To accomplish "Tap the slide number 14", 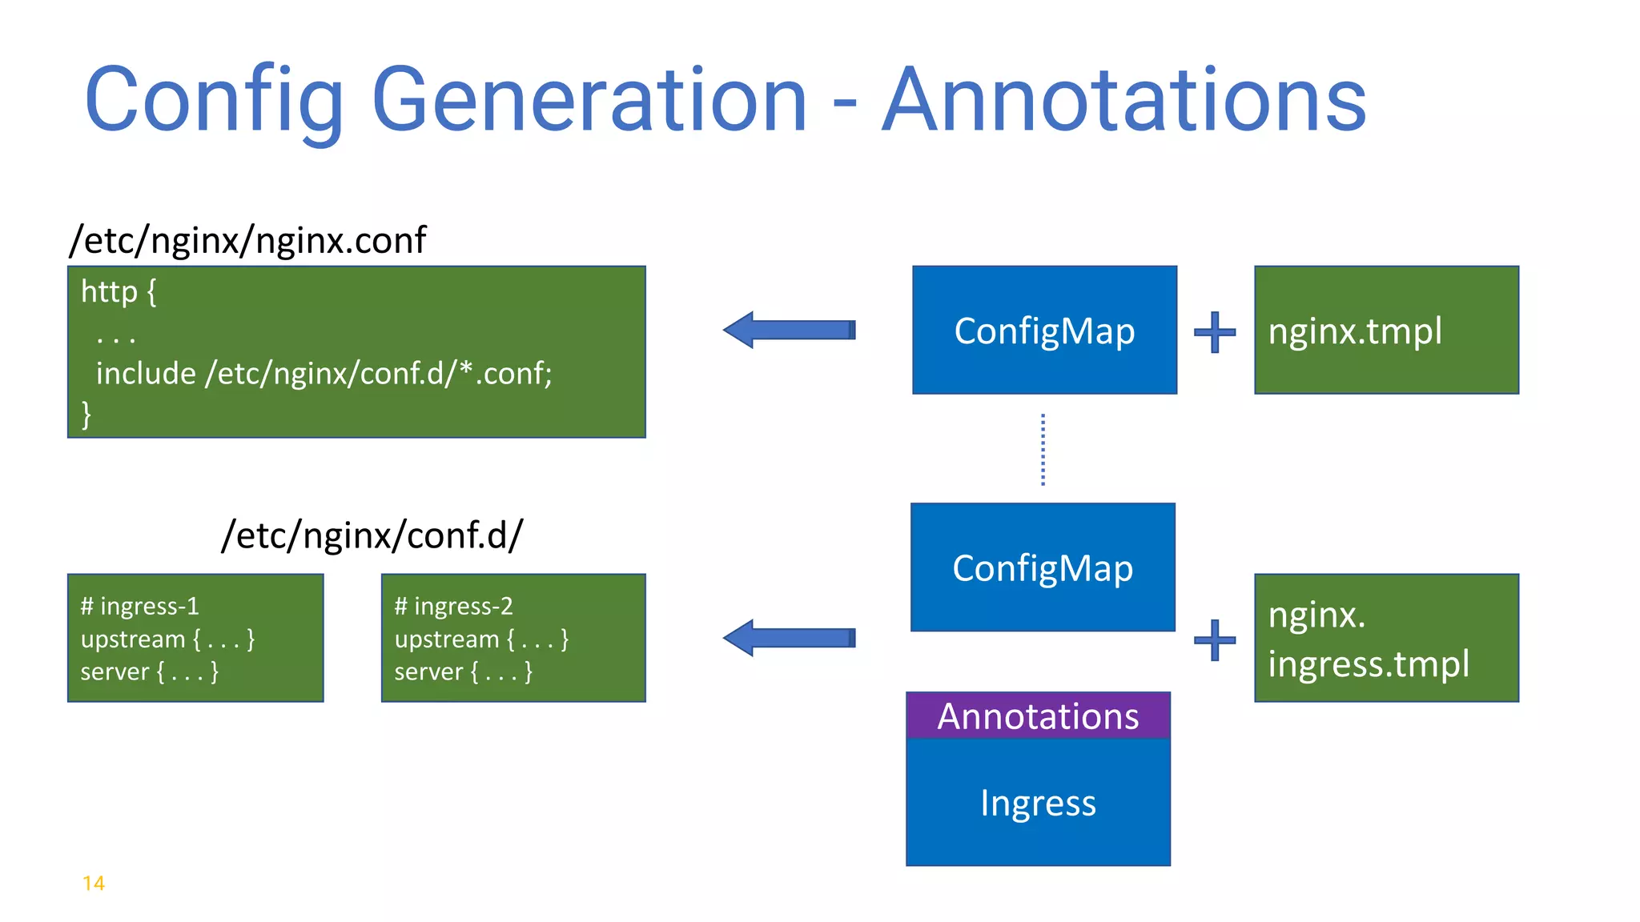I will [94, 883].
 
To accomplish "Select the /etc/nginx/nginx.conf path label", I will [247, 240].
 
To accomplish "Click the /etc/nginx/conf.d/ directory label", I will [372, 535].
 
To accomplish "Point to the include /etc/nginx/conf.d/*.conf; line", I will [324, 374].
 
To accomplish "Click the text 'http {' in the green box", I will [119, 292].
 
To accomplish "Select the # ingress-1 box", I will [195, 638].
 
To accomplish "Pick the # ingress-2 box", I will [513, 638].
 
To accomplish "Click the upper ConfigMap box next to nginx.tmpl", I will [1044, 331].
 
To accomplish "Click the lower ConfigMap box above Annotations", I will [1043, 567].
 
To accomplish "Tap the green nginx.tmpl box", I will [1386, 331].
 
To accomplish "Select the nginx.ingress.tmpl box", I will [1386, 638].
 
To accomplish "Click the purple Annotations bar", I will [1038, 716].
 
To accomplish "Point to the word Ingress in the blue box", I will [1038, 803].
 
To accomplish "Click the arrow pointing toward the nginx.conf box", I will [789, 330].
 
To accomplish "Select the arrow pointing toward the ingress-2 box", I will [789, 638].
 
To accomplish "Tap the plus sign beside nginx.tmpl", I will [1214, 331].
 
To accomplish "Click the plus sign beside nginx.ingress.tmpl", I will [1214, 639].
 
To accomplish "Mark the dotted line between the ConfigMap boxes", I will [1043, 449].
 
